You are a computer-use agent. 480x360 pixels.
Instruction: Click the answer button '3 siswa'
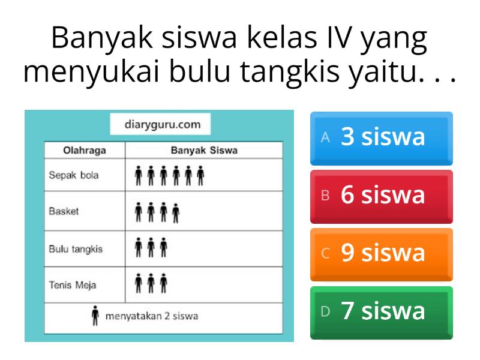382,138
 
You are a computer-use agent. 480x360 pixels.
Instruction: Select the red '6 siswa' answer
382,196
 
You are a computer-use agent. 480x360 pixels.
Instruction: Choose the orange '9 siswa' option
382,253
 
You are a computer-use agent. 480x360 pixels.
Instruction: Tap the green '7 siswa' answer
382,311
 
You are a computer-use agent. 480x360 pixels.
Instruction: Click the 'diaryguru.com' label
162,125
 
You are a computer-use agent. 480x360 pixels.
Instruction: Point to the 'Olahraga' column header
85,151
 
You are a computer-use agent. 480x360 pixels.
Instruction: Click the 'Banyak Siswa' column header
204,151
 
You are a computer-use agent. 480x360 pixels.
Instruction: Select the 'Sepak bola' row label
74,176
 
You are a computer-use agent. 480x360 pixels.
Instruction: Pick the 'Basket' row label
64,212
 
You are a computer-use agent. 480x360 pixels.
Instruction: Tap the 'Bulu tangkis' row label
76,248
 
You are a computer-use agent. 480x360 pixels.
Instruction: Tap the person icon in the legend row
94,317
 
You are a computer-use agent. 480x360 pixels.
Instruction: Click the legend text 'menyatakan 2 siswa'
152,317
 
